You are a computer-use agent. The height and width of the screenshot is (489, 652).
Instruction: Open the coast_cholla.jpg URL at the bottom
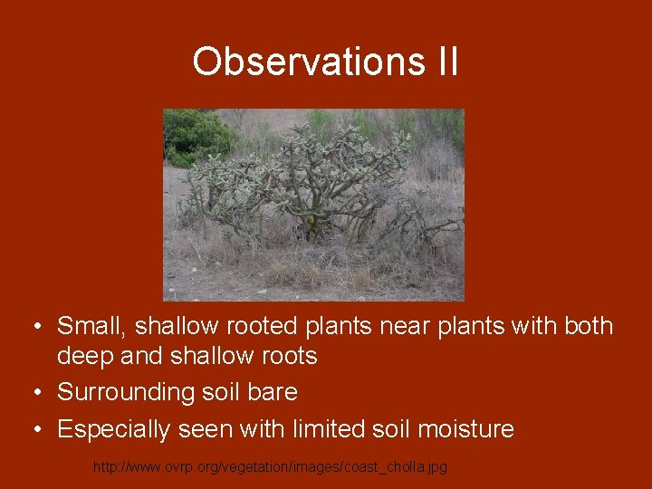click(x=270, y=466)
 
